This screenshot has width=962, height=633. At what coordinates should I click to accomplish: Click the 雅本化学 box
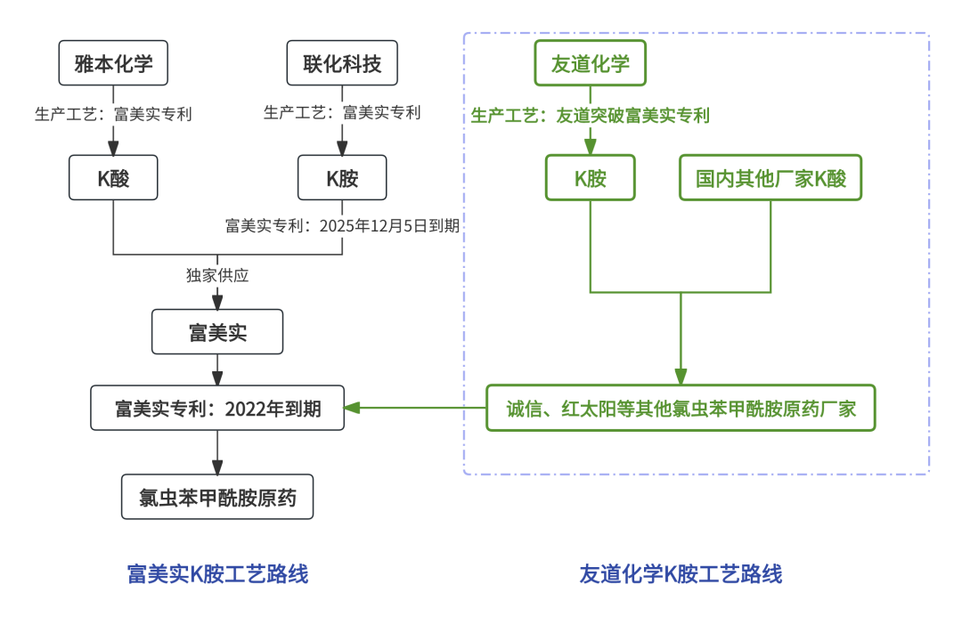point(113,64)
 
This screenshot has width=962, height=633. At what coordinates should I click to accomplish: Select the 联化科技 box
point(342,64)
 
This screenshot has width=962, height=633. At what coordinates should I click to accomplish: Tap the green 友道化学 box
point(590,64)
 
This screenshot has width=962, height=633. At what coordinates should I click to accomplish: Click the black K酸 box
point(113,178)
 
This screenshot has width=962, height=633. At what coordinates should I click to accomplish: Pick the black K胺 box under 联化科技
point(342,178)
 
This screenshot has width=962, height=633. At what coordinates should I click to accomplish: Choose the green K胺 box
point(590,178)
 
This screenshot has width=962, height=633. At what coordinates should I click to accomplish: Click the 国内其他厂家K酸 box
point(770,178)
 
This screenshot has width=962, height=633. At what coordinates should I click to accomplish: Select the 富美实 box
point(217,332)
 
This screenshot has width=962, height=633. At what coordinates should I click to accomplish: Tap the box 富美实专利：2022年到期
point(217,409)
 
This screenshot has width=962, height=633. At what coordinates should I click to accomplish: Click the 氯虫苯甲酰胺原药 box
point(217,498)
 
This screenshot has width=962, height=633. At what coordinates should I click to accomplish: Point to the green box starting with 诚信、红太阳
point(681,409)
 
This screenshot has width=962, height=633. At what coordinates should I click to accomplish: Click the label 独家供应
point(217,276)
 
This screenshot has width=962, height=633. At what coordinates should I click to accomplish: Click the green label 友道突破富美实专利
point(632,116)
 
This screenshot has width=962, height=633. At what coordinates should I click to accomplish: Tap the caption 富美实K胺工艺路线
point(217,574)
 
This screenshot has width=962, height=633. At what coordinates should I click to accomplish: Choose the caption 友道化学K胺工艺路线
point(681,574)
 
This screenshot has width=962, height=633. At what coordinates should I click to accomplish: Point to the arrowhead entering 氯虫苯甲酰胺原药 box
point(217,467)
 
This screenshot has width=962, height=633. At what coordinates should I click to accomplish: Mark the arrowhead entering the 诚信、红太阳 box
point(681,377)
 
